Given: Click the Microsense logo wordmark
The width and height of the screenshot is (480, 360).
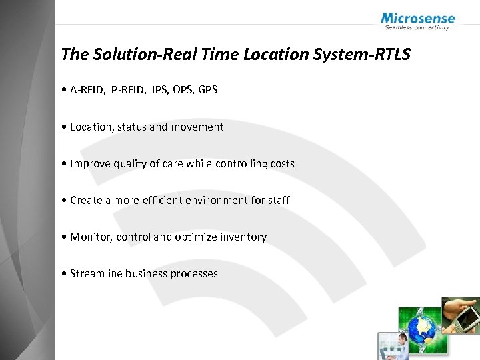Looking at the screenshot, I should tap(418, 19).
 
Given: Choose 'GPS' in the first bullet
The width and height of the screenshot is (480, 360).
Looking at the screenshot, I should tap(207, 89).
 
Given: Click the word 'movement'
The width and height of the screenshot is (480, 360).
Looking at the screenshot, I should tap(197, 127).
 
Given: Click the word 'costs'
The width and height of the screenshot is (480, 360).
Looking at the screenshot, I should tap(280, 163).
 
